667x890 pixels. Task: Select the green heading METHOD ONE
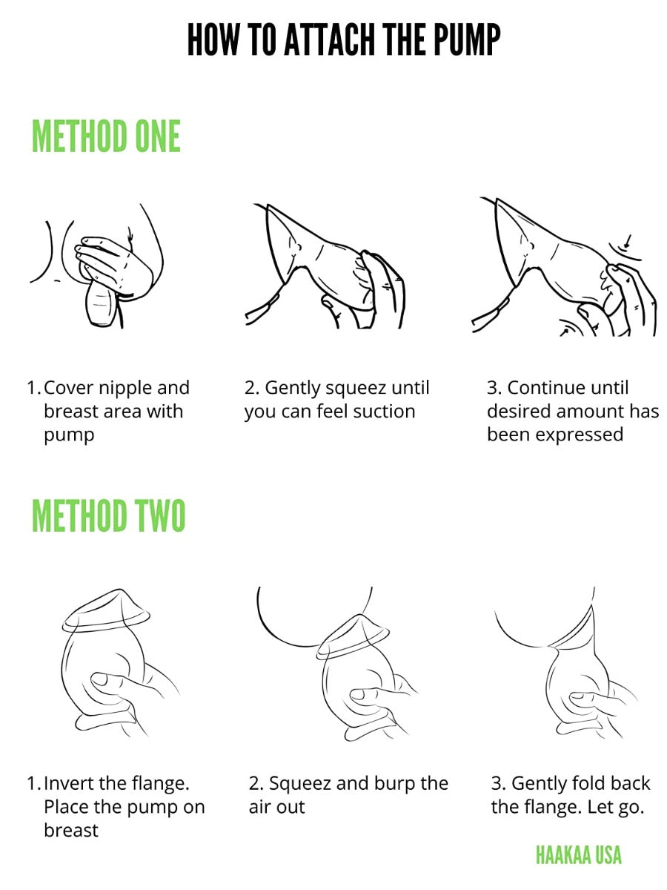[106, 136]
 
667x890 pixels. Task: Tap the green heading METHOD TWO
[108, 515]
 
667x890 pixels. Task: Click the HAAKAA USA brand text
[578, 854]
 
